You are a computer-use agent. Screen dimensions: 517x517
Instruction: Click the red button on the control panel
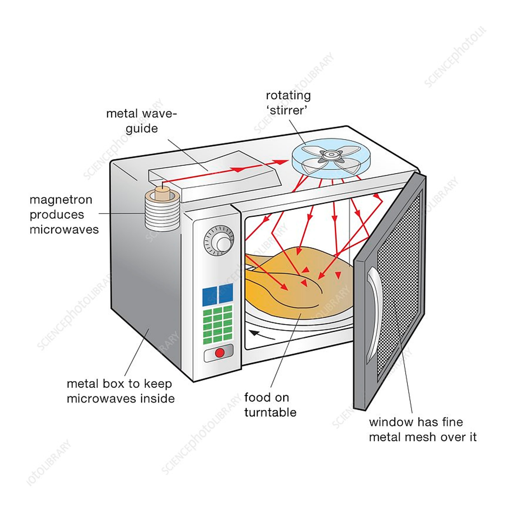[x=219, y=353]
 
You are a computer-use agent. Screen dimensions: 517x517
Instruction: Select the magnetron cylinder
[x=162, y=213]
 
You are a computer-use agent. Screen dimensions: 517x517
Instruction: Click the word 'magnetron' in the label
[x=61, y=200]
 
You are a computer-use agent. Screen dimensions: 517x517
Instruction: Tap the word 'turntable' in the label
[x=270, y=412]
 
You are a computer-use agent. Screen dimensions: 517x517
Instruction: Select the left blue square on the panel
[x=209, y=297]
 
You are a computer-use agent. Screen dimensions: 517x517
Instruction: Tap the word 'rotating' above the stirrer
[x=288, y=96]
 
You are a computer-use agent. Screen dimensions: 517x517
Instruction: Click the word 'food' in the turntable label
[x=255, y=397]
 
